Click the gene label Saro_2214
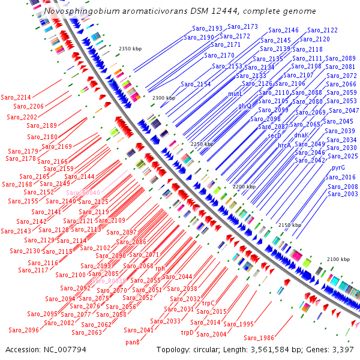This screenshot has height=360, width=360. click(16, 97)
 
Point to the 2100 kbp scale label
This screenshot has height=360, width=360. click(338, 259)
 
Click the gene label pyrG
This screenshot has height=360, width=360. click(338, 169)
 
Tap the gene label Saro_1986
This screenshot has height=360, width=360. click(259, 338)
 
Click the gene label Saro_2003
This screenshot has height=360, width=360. click(343, 194)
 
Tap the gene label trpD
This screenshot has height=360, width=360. click(188, 332)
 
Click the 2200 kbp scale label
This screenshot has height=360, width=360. click(244, 187)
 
